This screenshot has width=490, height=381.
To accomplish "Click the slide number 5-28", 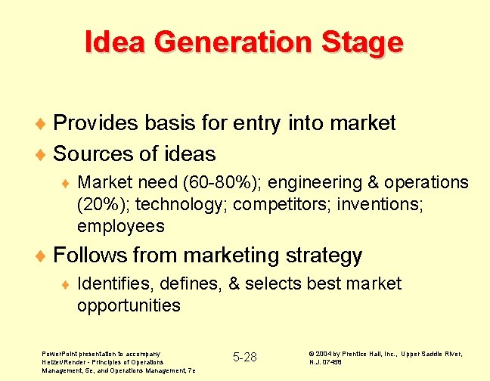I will click(244, 357).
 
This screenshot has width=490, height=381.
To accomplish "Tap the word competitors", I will click(270, 205).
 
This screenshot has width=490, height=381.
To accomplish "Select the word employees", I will click(120, 227).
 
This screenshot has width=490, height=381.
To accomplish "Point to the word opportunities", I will click(129, 306).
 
